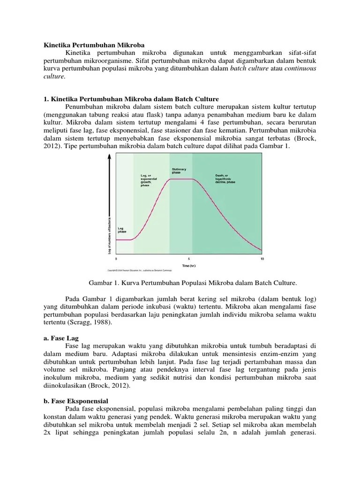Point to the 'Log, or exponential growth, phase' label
point(149,180)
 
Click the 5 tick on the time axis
point(189,259)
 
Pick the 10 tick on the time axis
point(262,259)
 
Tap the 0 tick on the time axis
point(116,259)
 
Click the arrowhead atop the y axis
point(110,157)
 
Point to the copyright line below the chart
point(140,270)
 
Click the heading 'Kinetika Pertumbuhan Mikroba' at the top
point(88,45)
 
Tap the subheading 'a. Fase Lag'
point(61,337)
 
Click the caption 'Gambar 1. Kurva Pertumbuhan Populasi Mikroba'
point(192,283)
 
